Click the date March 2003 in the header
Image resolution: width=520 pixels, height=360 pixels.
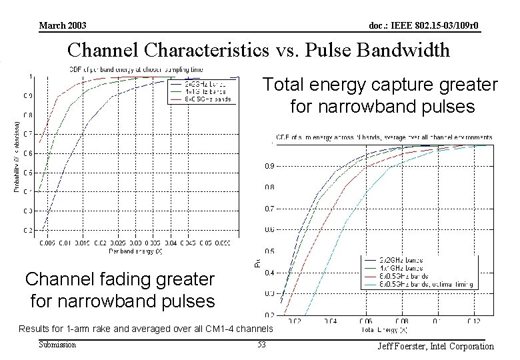pos(63,26)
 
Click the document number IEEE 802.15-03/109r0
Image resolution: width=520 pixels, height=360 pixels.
pos(424,26)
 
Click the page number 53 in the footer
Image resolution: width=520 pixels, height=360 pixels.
pos(261,345)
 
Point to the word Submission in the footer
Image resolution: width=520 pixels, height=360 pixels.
pos(57,345)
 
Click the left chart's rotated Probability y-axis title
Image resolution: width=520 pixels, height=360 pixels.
pos(17,156)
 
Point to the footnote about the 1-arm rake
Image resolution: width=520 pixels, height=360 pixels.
pos(145,329)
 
